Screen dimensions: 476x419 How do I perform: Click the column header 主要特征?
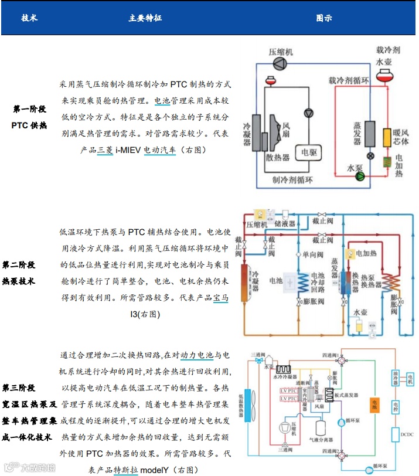(145, 18)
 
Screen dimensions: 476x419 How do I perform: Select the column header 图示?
(324, 18)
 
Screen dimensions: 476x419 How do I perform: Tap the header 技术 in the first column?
(29, 18)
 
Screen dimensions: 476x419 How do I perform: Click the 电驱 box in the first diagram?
(309, 153)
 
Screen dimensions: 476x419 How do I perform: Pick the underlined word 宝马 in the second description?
(221, 298)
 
